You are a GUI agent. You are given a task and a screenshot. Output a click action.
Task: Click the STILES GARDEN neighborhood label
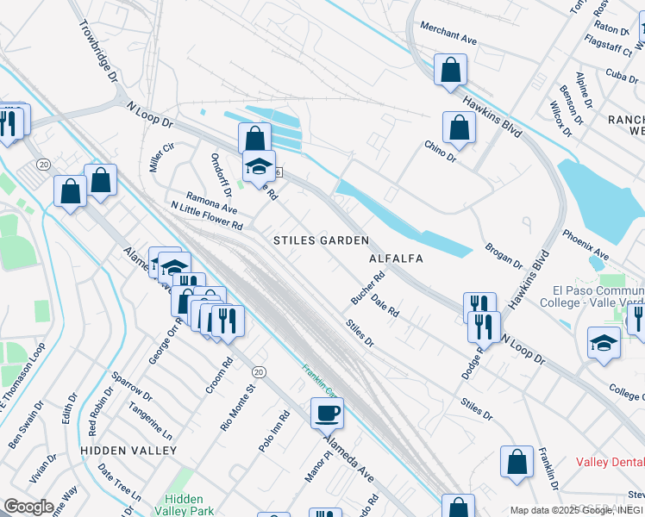[x=321, y=240]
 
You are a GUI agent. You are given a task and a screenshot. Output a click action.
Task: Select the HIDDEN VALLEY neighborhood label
[x=128, y=451]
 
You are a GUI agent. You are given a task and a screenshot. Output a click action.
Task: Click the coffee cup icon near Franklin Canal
[x=327, y=413]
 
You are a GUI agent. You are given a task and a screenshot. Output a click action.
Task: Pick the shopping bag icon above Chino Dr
[x=459, y=128]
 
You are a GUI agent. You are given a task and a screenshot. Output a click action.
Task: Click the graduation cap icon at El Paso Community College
[x=604, y=342]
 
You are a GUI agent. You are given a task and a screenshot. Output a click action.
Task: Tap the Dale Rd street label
[x=385, y=306]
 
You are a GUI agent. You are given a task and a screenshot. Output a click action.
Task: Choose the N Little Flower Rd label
[x=207, y=215]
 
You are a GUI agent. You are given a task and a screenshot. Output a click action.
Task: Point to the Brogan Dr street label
[x=504, y=254]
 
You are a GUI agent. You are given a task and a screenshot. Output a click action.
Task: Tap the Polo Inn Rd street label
[x=274, y=432]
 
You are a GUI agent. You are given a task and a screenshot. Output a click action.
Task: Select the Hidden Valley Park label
[x=183, y=505]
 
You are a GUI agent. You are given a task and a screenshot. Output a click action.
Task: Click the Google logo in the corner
[x=29, y=507]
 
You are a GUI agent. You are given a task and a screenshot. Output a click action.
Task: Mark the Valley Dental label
[x=610, y=462]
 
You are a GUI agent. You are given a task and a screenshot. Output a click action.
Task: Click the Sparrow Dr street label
[x=131, y=386]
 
